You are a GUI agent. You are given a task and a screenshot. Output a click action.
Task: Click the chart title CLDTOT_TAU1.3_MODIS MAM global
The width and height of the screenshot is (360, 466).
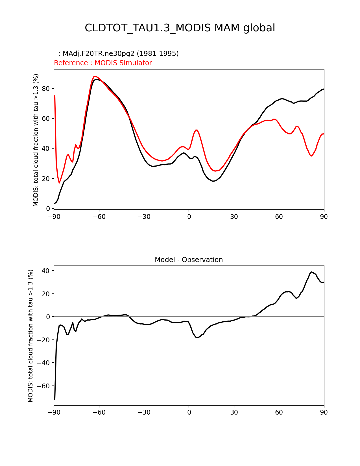180,28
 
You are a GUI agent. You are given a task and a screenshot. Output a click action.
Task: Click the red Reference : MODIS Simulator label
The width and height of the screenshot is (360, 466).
103,63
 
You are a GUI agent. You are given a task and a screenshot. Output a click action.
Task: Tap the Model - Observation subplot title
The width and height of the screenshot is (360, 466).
189,260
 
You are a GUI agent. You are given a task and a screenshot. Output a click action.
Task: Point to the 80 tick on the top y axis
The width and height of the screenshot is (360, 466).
46,89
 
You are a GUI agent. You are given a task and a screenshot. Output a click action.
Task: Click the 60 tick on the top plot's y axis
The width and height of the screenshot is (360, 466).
46,119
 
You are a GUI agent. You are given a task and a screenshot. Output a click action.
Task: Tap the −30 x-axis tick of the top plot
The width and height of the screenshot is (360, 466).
144,217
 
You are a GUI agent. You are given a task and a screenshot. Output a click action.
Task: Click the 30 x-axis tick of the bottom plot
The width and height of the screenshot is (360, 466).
234,413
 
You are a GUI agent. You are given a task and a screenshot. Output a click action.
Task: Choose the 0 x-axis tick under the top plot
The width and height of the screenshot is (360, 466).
189,217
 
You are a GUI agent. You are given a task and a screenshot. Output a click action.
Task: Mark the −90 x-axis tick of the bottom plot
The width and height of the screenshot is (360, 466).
54,413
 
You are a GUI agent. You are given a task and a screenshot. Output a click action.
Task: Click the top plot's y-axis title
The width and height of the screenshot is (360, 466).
36,140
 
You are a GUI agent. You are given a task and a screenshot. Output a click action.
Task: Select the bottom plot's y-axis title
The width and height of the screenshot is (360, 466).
30,336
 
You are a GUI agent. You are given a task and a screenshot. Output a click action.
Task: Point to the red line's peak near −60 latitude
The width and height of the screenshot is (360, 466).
95,76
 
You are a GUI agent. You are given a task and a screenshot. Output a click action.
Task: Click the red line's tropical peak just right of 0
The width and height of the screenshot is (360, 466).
197,130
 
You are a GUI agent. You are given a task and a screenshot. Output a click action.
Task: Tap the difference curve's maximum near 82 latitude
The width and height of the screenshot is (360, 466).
311,272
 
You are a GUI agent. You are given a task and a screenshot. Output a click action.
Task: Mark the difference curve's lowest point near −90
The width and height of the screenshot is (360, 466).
54,399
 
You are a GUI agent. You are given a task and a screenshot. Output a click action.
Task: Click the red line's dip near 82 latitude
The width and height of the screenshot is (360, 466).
311,156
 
